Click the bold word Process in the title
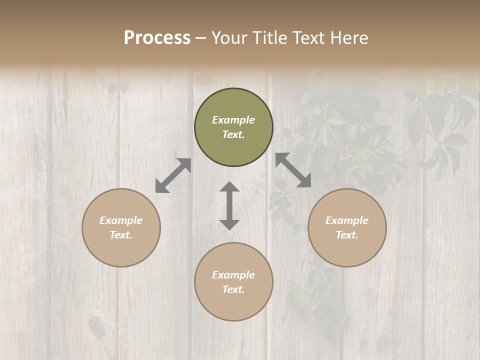pos(157,37)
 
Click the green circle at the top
pos(233,127)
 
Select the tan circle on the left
pos(121,227)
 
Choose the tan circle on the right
pos(347,227)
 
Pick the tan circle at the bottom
pos(233,282)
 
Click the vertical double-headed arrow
pos(229,205)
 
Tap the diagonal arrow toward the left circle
pos(173,175)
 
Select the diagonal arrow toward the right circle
pos(293,170)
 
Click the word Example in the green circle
pos(233,120)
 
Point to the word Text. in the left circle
pos(121,235)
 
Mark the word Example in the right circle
pos(347,220)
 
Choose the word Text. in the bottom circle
pos(233,289)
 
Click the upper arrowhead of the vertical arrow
pos(229,187)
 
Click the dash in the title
pos(200,38)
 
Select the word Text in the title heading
pos(307,37)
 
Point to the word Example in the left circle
pos(121,220)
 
